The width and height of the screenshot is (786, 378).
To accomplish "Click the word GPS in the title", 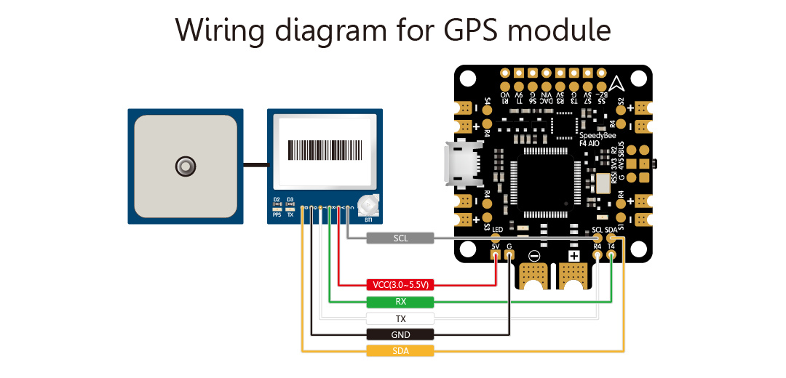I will click(x=467, y=31).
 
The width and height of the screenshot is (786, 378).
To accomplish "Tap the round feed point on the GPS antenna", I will click(x=186, y=166).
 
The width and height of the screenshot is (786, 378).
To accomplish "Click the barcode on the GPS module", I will click(x=325, y=150).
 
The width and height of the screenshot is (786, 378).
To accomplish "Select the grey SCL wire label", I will click(x=400, y=238).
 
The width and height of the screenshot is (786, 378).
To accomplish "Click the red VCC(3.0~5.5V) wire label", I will click(x=400, y=285).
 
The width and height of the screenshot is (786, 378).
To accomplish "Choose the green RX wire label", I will click(x=400, y=302).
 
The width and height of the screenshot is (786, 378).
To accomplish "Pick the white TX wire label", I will click(x=400, y=318).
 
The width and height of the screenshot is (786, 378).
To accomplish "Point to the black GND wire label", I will click(x=400, y=334).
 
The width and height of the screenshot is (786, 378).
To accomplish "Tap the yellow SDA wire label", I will click(x=400, y=351).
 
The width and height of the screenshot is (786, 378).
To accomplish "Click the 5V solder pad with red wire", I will click(x=496, y=255).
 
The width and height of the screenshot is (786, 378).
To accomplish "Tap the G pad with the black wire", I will click(x=509, y=255).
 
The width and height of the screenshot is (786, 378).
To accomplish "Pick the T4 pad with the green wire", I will click(x=611, y=255).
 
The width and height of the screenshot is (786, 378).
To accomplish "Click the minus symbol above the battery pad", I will click(x=534, y=256).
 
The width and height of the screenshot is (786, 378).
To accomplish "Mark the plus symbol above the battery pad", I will click(x=573, y=256).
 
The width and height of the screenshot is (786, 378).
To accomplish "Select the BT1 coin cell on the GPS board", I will click(x=368, y=206).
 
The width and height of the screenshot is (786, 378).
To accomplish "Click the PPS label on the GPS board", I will click(x=277, y=215).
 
